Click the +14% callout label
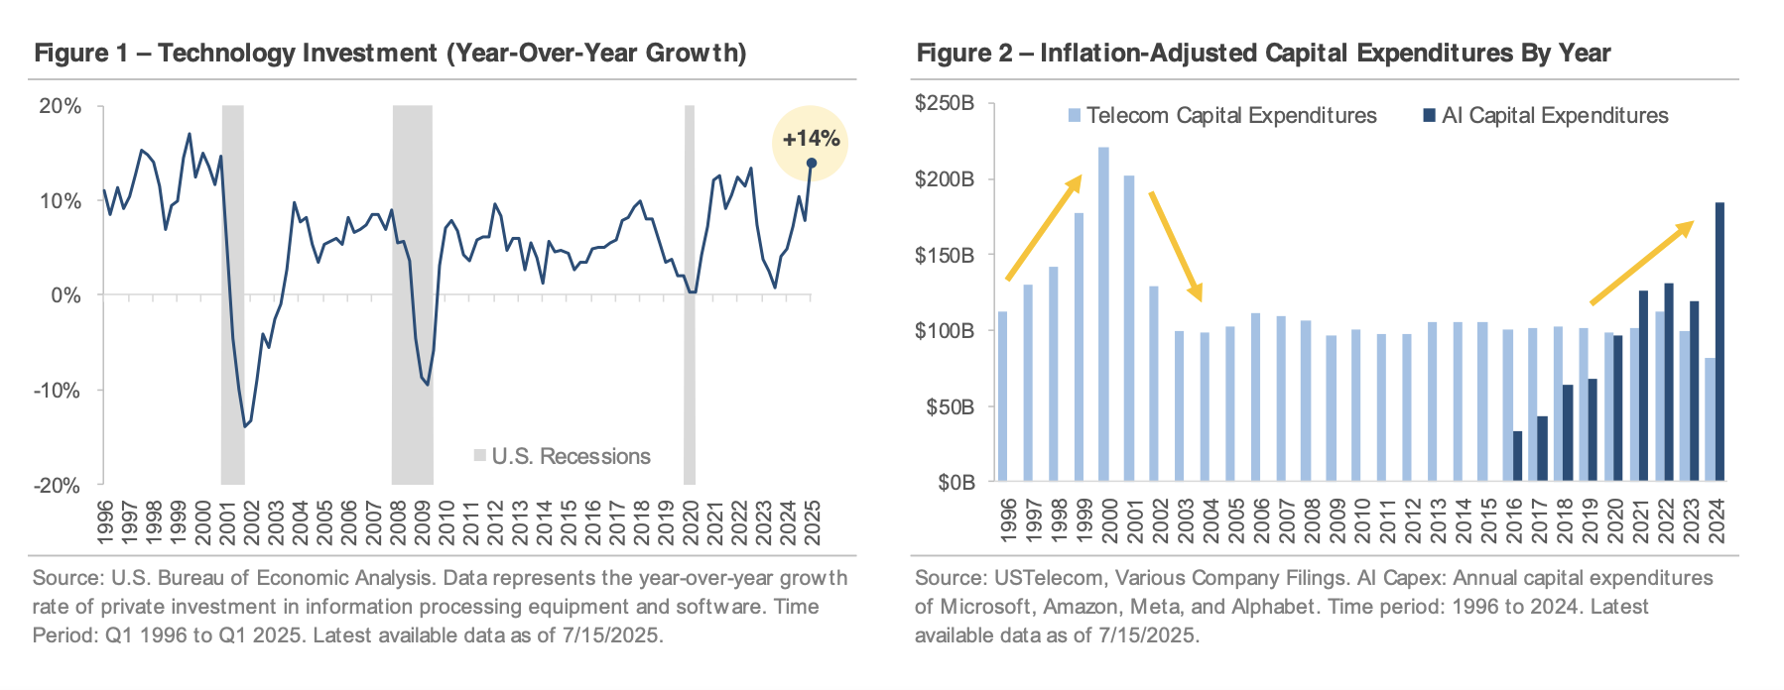tap(811, 139)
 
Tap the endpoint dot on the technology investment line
tap(811, 164)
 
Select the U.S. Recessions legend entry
tap(562, 456)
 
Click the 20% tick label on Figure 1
tap(60, 106)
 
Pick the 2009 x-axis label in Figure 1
tap(422, 521)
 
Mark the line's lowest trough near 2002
tap(245, 426)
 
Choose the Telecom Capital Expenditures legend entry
tap(1222, 116)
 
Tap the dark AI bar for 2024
tap(1720, 342)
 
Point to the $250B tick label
tap(945, 103)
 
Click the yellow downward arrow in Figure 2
tap(1176, 246)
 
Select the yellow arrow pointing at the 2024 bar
tap(1641, 263)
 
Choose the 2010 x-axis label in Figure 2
tap(1362, 521)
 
